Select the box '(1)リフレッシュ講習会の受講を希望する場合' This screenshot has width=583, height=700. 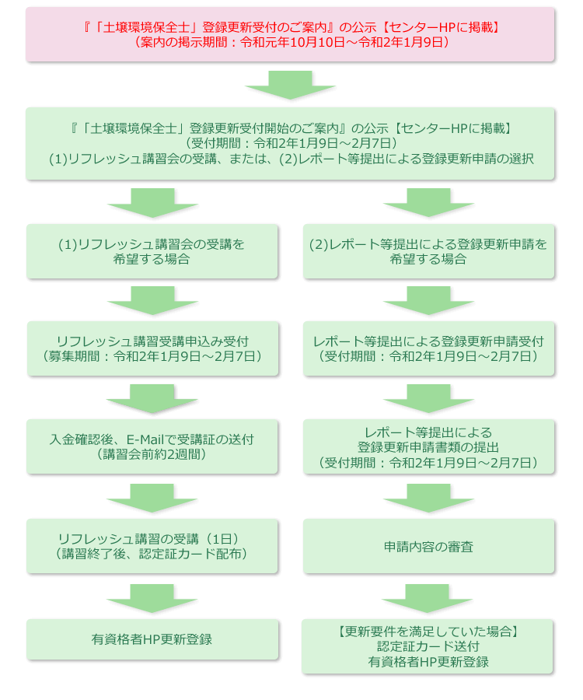(152, 252)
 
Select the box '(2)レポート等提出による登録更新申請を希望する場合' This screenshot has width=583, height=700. (428, 252)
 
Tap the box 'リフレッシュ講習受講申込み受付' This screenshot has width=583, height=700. (152, 348)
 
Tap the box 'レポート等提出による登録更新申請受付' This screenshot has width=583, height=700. (428, 348)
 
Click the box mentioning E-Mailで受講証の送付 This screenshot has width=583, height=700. (152, 446)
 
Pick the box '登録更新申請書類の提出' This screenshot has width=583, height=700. (428, 446)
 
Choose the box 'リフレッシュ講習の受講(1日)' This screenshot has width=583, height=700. (152, 546)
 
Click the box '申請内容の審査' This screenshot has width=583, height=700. (428, 547)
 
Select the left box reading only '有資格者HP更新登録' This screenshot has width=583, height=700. (152, 639)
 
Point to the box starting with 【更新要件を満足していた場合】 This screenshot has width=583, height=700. (428, 646)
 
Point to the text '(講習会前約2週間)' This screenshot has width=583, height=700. (152, 454)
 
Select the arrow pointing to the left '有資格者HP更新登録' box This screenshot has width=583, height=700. (152, 597)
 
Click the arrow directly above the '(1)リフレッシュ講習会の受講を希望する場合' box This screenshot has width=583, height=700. (152, 203)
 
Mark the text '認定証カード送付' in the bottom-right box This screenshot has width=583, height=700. (428, 646)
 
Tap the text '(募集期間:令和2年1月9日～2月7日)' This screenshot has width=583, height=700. (152, 356)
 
